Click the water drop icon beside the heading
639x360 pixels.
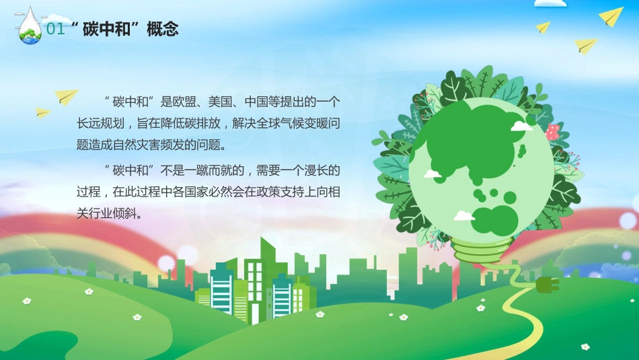tap(29, 27)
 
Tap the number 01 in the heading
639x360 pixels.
tap(57, 29)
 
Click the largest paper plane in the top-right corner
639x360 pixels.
tap(611, 17)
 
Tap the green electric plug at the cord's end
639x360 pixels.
tap(547, 285)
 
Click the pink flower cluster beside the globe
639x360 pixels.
tap(553, 131)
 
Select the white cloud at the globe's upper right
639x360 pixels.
tap(521, 125)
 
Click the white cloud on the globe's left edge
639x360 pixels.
tap(432, 174)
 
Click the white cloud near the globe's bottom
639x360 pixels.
tap(464, 216)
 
